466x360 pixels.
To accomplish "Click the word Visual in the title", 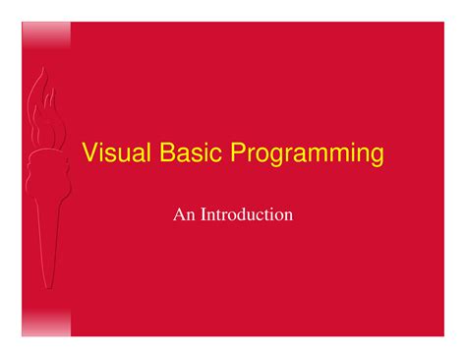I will pos(111,154).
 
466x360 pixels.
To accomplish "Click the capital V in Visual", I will pos(88,154).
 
